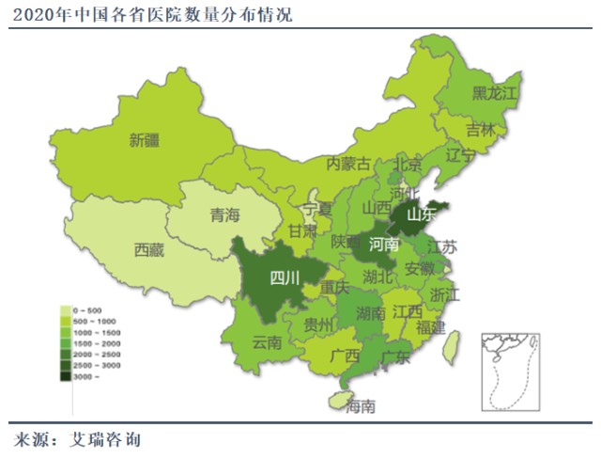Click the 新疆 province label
(x=144, y=141)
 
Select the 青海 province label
(x=225, y=215)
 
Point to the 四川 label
(x=284, y=277)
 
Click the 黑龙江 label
(x=494, y=92)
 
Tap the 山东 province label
(x=422, y=214)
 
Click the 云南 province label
(x=267, y=343)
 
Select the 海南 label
(x=361, y=406)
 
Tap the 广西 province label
(x=346, y=356)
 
